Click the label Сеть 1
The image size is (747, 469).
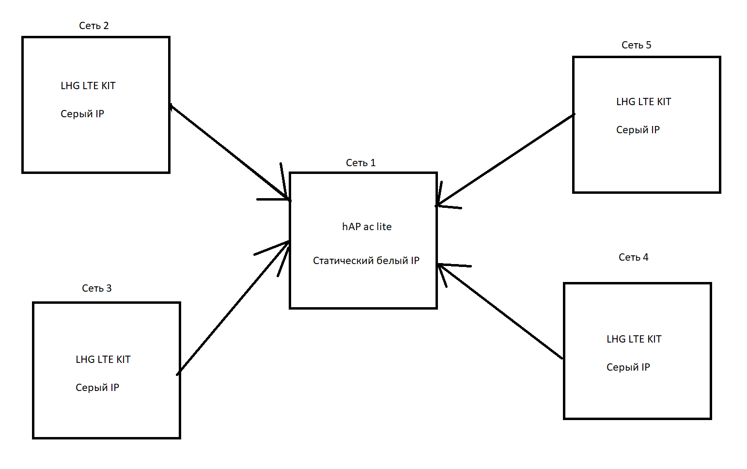pyautogui.click(x=361, y=163)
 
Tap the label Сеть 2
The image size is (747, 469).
pyautogui.click(x=93, y=26)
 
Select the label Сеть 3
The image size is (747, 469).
pyautogui.click(x=97, y=288)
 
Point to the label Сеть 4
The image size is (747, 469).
pyautogui.click(x=634, y=257)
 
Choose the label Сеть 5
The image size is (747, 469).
pyautogui.click(x=636, y=45)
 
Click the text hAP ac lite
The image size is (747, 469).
pyautogui.click(x=367, y=227)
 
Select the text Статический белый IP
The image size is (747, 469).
pyautogui.click(x=366, y=261)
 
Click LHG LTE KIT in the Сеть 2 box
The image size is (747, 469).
pyautogui.click(x=88, y=86)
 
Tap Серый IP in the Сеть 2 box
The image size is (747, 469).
pyautogui.click(x=82, y=114)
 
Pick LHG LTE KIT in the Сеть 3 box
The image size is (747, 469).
pyautogui.click(x=103, y=360)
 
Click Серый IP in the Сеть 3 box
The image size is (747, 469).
pyautogui.click(x=97, y=388)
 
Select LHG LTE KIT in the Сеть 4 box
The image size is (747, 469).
pyautogui.click(x=634, y=339)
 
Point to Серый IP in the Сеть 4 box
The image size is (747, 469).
pyautogui.click(x=628, y=367)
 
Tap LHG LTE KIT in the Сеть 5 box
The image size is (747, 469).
pyautogui.click(x=644, y=102)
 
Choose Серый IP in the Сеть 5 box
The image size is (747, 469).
pyautogui.click(x=638, y=130)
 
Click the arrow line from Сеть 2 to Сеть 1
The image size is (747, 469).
pyautogui.click(x=230, y=152)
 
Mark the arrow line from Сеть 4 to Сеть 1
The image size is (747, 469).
pyautogui.click(x=500, y=311)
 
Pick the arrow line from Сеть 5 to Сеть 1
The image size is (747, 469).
pyautogui.click(x=505, y=160)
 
